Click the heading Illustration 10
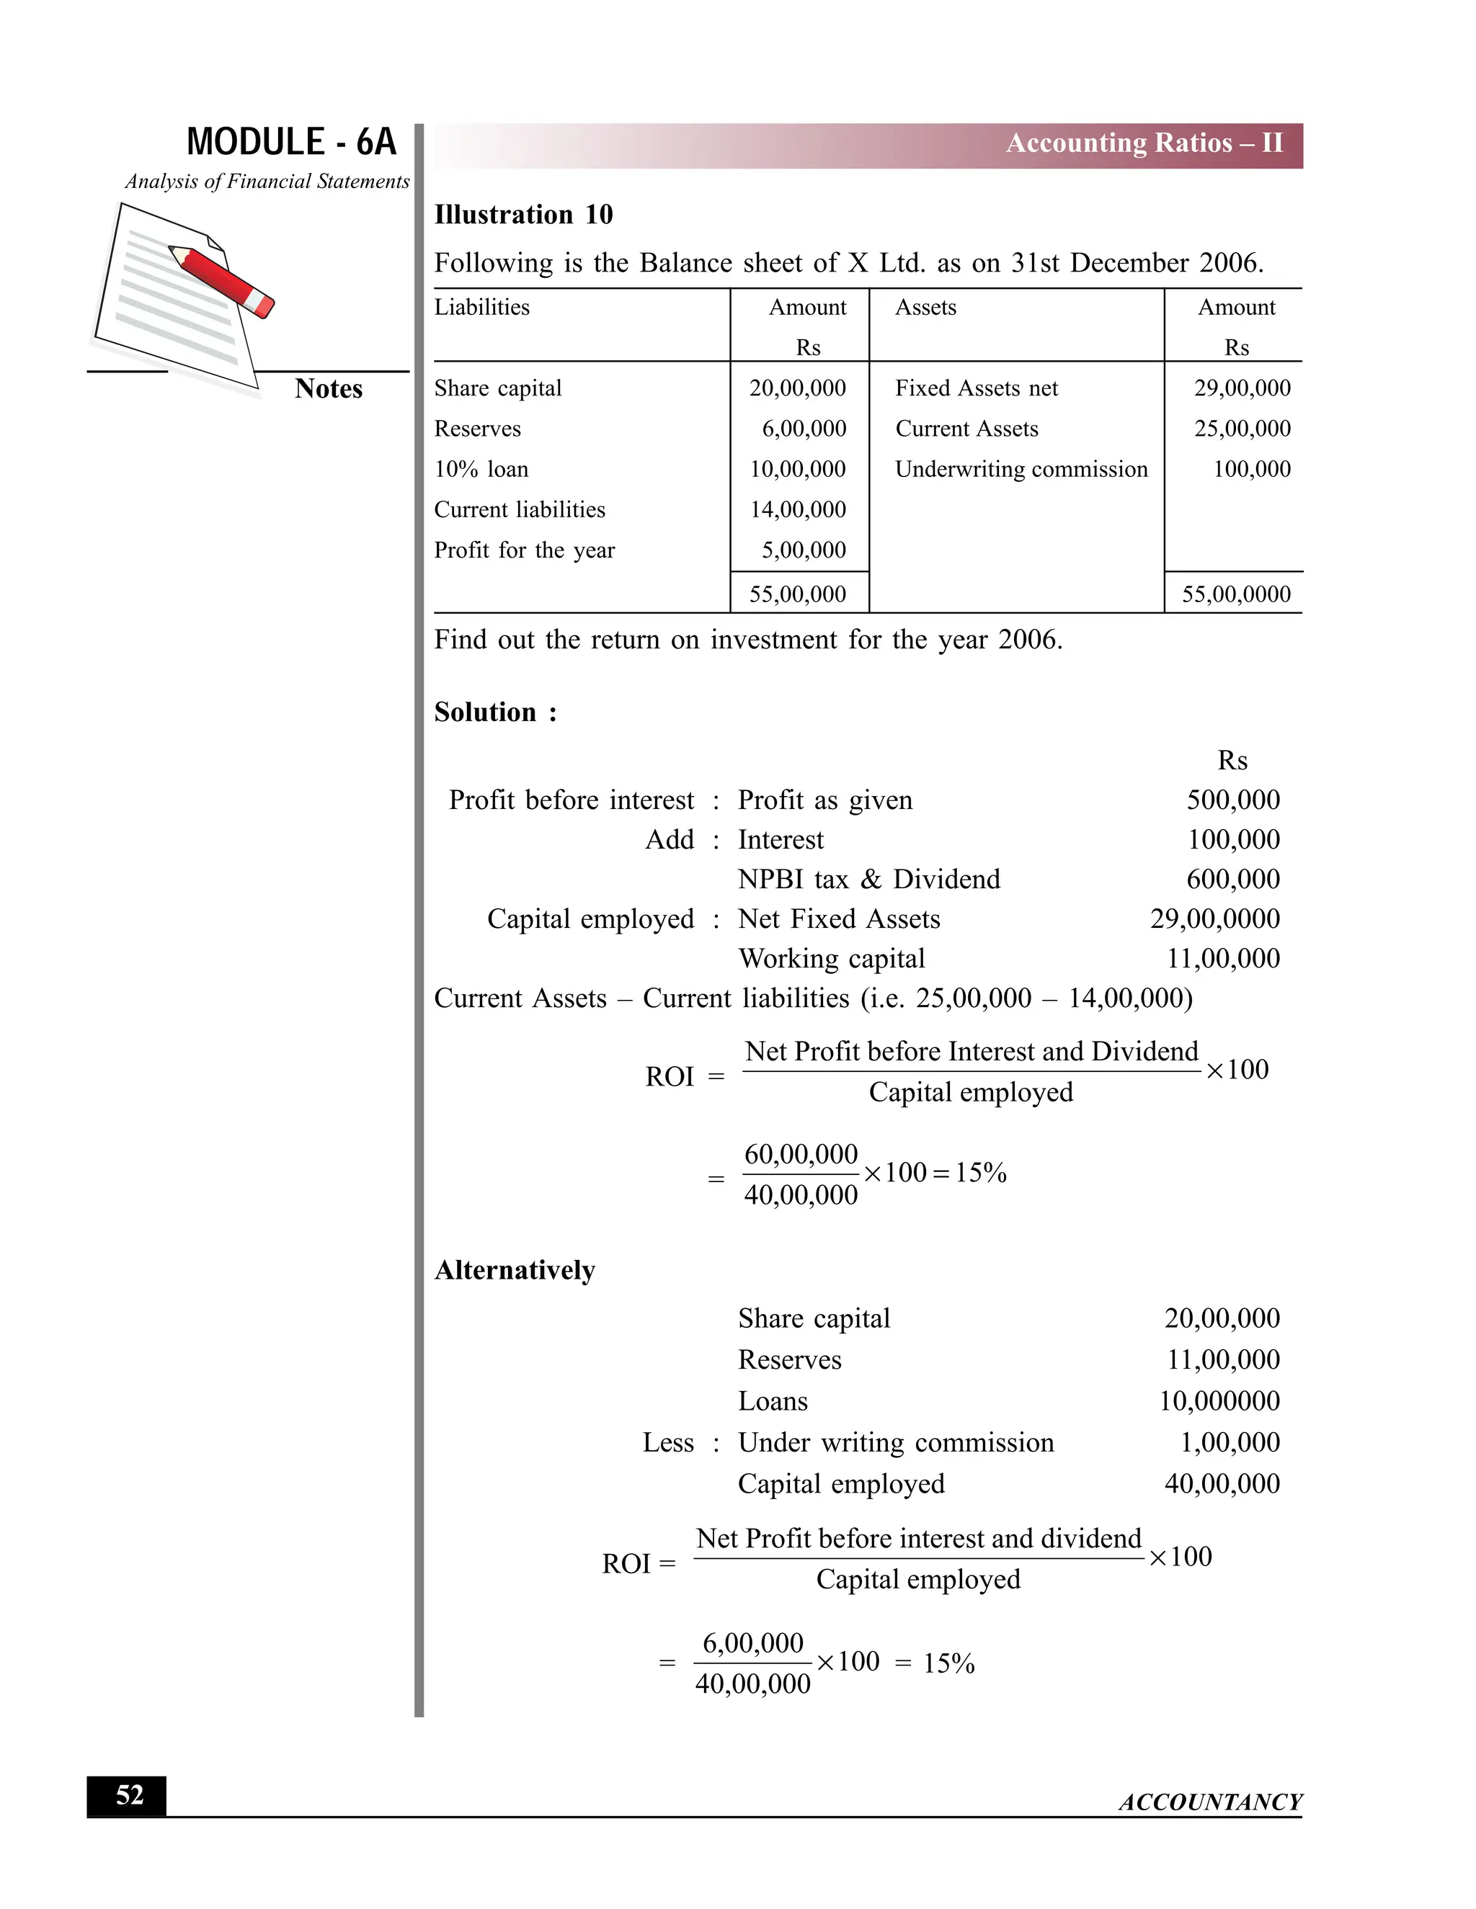click(523, 214)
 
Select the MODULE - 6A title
click(291, 142)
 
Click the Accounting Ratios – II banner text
click(1144, 143)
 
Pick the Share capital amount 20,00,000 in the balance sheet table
click(798, 388)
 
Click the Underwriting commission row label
click(1021, 470)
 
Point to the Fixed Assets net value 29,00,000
click(1242, 388)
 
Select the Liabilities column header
click(482, 308)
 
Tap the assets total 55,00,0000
click(1235, 594)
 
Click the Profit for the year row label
click(525, 550)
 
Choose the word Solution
click(485, 712)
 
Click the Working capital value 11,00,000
click(1222, 959)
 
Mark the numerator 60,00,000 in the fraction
click(801, 1154)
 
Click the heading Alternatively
click(515, 1270)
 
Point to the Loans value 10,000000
click(1219, 1401)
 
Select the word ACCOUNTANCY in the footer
click(1210, 1802)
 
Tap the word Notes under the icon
click(329, 389)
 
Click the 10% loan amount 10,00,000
click(798, 470)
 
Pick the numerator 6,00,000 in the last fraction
click(753, 1643)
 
